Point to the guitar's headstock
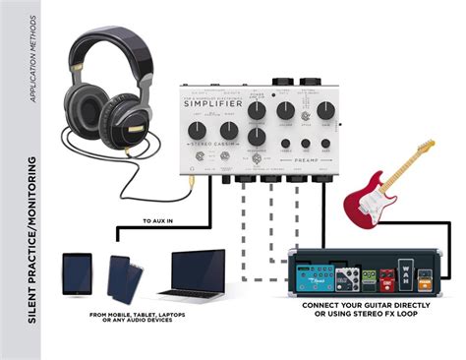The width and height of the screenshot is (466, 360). (425, 148)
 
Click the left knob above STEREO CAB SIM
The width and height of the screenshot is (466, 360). (202, 129)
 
